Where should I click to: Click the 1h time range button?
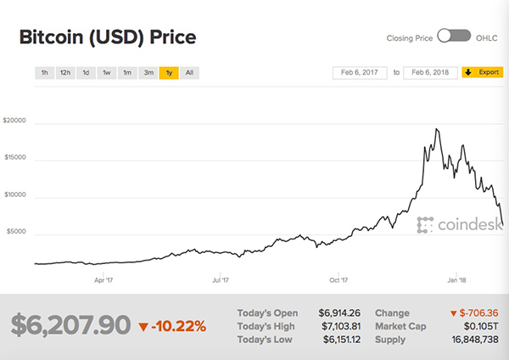click(43, 73)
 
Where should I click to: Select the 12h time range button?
click(64, 73)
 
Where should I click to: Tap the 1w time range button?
click(107, 73)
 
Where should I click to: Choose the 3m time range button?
click(148, 73)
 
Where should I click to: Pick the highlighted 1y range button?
click(170, 73)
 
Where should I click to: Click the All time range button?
click(190, 73)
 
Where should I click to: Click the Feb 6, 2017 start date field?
click(360, 73)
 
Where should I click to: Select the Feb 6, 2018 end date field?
click(431, 73)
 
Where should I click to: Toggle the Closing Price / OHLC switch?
click(455, 37)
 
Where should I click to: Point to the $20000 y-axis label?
click(16, 121)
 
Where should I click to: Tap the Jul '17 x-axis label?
click(221, 278)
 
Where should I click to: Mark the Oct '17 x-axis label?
click(338, 278)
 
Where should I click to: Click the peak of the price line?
click(436, 129)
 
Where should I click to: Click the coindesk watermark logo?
click(450, 225)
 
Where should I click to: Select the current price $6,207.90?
click(71, 324)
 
